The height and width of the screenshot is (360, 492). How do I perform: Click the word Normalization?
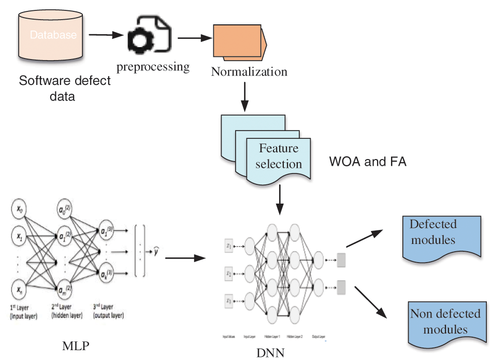click(x=249, y=71)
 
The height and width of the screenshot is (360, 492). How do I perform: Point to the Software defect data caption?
click(x=65, y=89)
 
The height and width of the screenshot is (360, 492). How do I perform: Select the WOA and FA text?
click(x=368, y=162)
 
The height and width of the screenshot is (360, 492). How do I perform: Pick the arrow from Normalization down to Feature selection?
click(x=245, y=96)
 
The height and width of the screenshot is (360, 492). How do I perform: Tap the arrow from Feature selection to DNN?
click(x=280, y=200)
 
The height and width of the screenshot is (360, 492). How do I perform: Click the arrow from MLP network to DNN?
click(x=182, y=257)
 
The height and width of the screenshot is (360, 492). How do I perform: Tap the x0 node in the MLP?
click(x=19, y=210)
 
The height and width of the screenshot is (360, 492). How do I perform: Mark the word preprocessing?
click(x=153, y=67)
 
